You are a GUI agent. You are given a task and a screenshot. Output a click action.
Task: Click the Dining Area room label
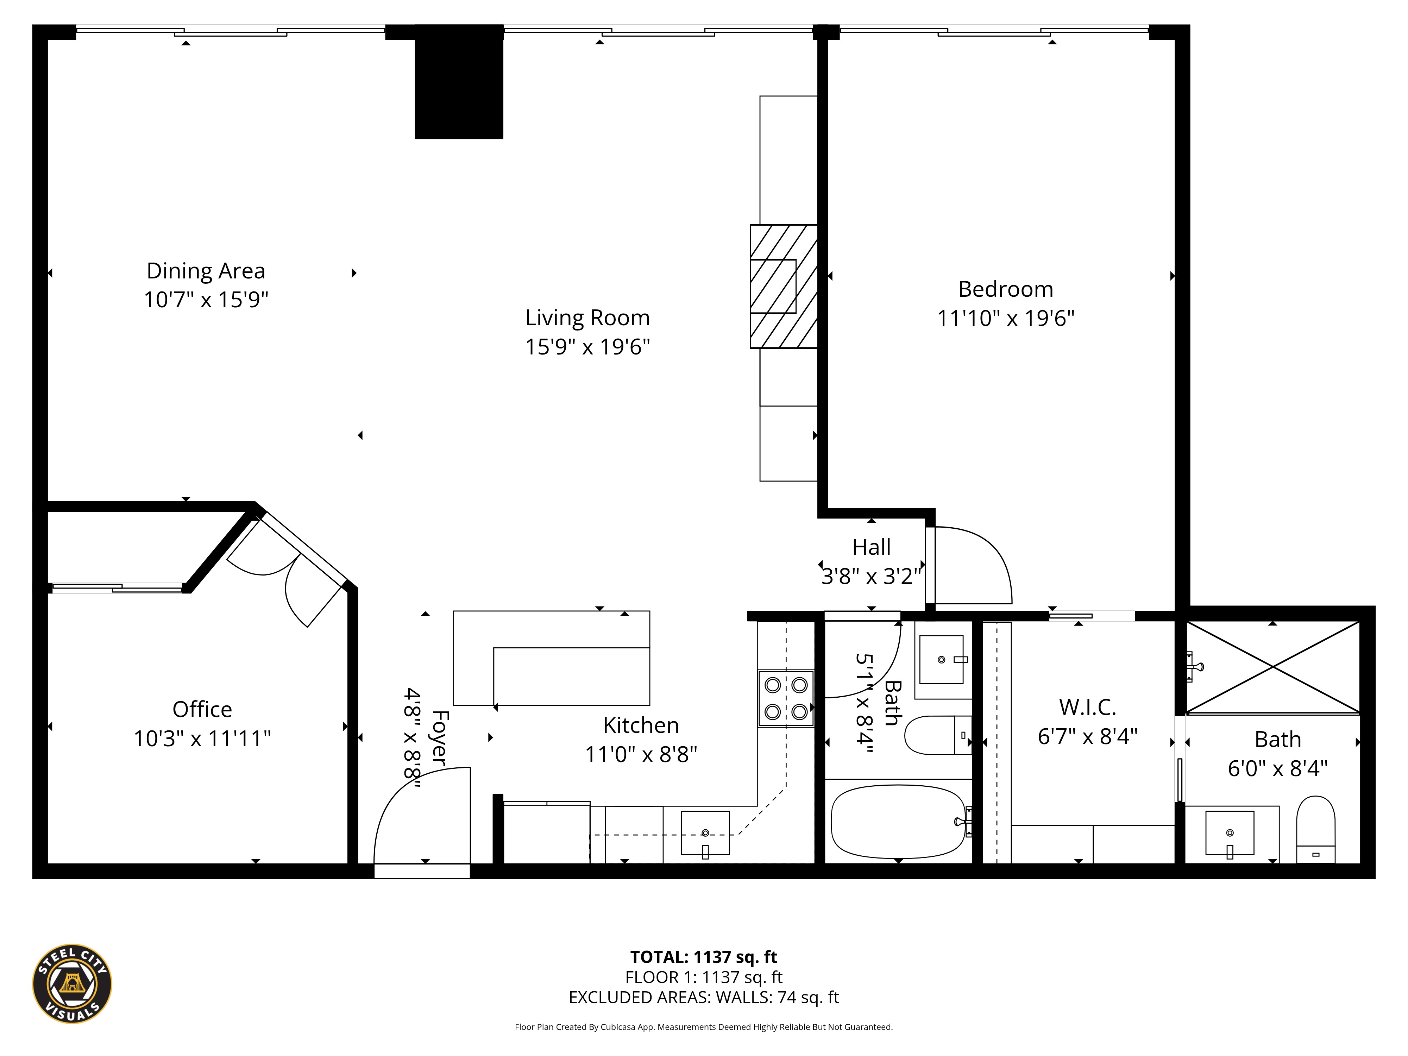(206, 271)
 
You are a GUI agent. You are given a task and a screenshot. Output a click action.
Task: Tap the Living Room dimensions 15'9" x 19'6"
(587, 347)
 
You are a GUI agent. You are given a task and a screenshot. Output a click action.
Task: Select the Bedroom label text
(1006, 289)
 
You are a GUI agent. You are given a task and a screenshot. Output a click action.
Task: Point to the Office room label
(202, 709)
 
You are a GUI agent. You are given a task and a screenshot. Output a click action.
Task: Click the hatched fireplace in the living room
(784, 287)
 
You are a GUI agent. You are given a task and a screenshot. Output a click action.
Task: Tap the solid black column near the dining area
(459, 82)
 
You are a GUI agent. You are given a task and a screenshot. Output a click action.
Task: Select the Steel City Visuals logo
(72, 983)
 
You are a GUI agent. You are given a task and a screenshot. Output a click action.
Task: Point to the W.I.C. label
(1087, 707)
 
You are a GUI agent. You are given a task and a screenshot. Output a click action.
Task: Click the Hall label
(872, 547)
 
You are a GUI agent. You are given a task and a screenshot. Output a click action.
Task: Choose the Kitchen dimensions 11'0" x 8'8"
(641, 754)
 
